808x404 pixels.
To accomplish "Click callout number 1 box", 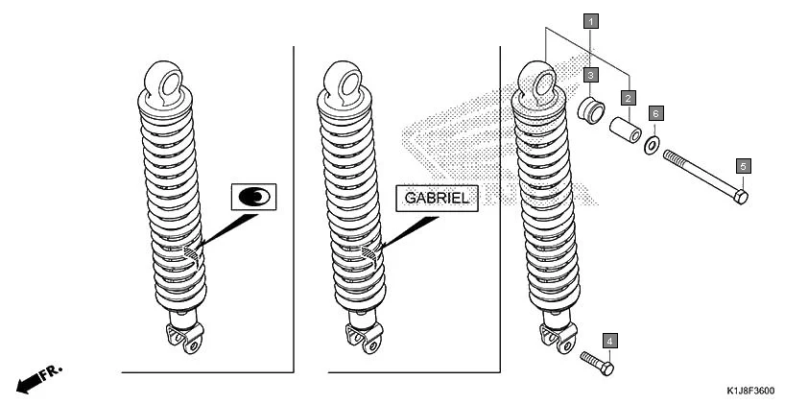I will tap(591, 20).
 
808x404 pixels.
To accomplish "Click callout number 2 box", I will tap(628, 98).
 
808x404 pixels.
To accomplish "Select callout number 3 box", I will tap(591, 74).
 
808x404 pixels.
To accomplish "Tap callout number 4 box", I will tap(609, 341).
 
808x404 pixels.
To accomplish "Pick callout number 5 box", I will tap(743, 166).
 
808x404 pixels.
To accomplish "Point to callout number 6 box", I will tap(655, 113).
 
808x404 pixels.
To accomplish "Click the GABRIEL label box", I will tap(436, 198).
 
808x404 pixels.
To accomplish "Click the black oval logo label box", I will tap(253, 197).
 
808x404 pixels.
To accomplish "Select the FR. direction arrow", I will tap(39, 378).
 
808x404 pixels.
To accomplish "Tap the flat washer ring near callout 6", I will tap(652, 145).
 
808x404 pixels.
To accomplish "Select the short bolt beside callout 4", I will tap(596, 363).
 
